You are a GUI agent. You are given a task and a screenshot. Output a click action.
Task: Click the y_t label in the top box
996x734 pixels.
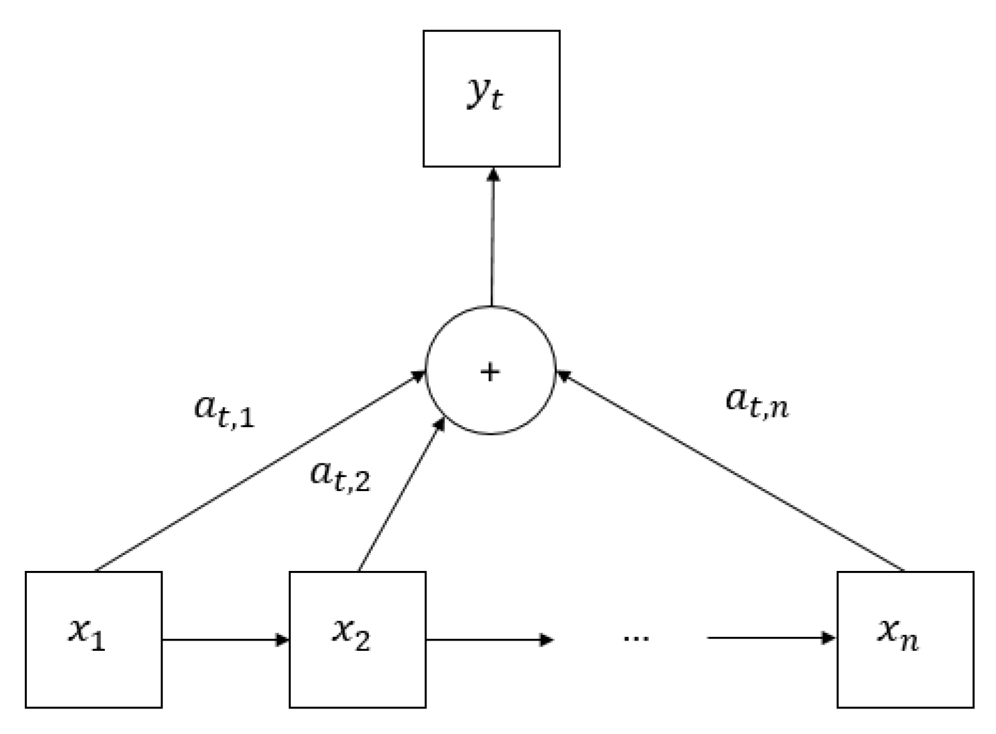pos(485,96)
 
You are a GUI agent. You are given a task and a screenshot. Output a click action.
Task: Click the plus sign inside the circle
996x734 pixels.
pos(490,372)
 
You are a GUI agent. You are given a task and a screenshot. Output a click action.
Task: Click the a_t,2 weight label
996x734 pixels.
pos(340,476)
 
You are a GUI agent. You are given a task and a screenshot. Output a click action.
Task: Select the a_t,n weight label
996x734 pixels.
pos(758,402)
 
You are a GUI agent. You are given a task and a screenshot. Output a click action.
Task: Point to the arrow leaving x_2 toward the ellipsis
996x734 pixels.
pos(489,639)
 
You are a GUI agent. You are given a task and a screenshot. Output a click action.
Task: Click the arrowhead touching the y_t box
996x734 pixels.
pos(493,173)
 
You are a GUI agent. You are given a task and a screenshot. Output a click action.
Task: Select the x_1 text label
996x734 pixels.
pos(86,634)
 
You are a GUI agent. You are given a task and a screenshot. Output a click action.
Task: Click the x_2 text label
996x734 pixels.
pos(350,634)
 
